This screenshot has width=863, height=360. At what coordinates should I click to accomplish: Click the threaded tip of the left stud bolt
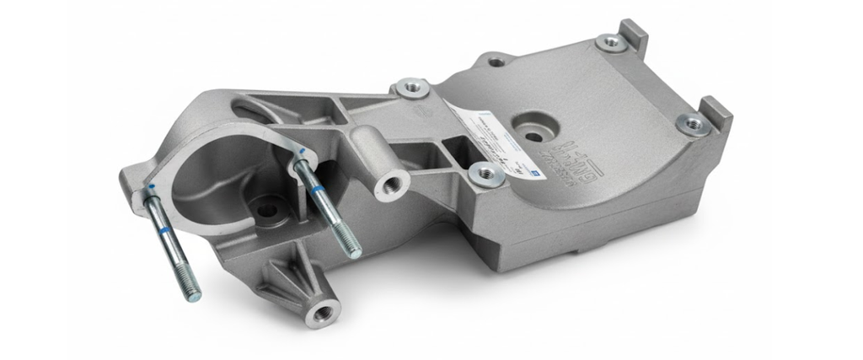(192, 292)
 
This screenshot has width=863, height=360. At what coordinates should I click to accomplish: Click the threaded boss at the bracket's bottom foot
(322, 313)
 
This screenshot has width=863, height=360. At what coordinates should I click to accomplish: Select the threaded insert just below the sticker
(486, 175)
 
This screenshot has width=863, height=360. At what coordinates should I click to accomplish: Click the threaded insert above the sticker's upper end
(413, 87)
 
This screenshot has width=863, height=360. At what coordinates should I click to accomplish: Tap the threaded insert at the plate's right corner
(693, 123)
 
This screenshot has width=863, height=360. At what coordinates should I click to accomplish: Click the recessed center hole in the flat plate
(533, 132)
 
